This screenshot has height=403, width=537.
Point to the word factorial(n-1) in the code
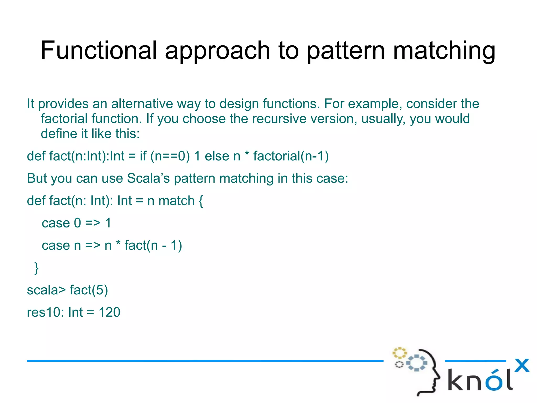click(291, 156)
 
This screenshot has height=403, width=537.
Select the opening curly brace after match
click(201, 201)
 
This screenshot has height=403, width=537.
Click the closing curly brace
click(36, 268)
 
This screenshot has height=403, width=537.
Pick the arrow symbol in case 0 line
click(93, 223)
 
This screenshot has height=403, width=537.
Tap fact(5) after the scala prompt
click(89, 290)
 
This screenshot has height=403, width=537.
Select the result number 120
click(109, 312)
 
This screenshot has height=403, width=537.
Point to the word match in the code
click(176, 201)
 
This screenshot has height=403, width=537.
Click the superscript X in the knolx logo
click(522, 365)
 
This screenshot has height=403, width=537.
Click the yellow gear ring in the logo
click(399, 353)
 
